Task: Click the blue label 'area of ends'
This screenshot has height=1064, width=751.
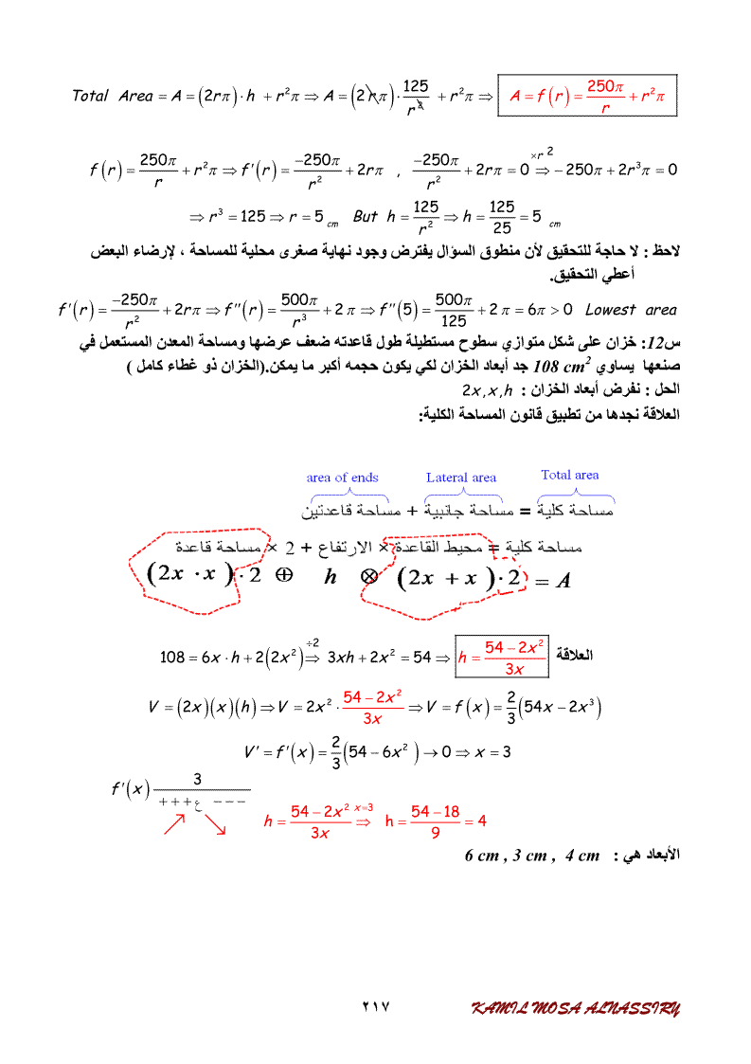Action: pyautogui.click(x=343, y=478)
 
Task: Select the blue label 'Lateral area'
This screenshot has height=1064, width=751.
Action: pyautogui.click(x=461, y=478)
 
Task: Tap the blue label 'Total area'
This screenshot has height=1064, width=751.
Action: pyautogui.click(x=570, y=475)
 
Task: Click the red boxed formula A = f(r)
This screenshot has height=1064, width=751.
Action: pyautogui.click(x=587, y=95)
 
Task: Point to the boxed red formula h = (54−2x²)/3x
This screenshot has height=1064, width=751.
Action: pyautogui.click(x=502, y=657)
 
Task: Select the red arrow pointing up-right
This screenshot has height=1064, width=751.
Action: pyautogui.click(x=174, y=826)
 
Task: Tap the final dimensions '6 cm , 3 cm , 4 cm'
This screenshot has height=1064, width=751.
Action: pyautogui.click(x=532, y=856)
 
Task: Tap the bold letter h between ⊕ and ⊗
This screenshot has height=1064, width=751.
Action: pyautogui.click(x=331, y=578)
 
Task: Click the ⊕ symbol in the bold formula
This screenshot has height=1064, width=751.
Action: pyautogui.click(x=282, y=578)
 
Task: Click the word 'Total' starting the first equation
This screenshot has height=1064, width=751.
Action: pyautogui.click(x=91, y=96)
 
